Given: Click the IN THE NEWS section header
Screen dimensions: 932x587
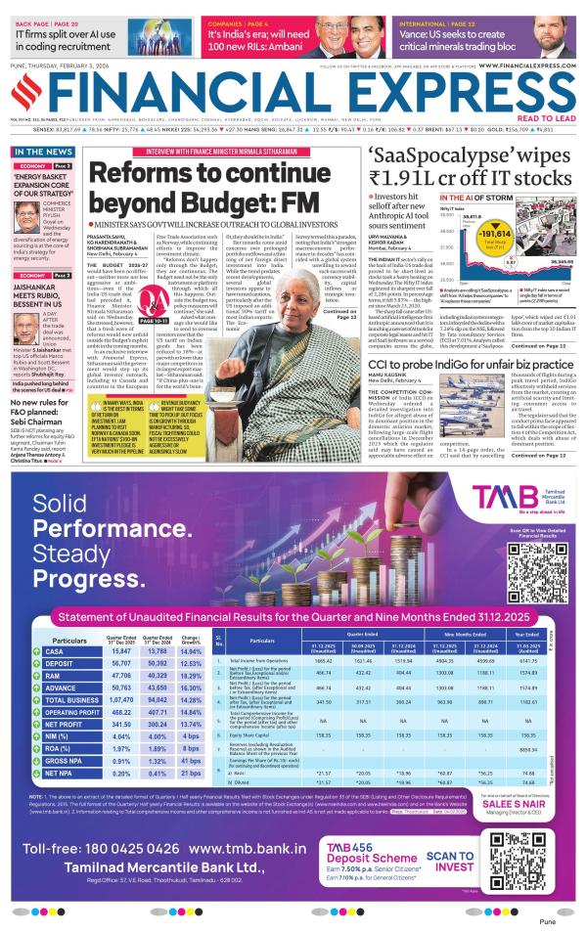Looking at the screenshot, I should (x=42, y=153).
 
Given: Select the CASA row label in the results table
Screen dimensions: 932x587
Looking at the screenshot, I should (x=55, y=650).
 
